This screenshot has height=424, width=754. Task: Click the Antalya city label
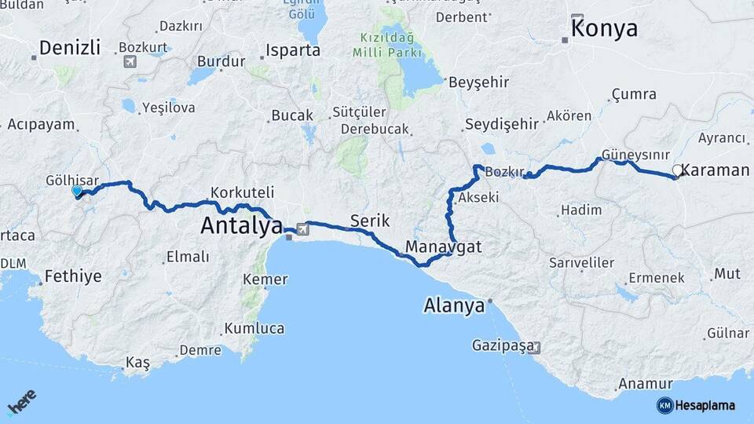coord(241,225)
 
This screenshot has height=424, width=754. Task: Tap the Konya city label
coord(604,30)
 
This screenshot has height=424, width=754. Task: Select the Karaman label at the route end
coord(716,170)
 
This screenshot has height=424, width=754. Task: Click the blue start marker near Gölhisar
coord(77,191)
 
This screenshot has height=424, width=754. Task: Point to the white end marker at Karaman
coord(677,170)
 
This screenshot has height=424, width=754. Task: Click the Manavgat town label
coord(443,247)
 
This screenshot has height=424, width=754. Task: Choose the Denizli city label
coord(70,48)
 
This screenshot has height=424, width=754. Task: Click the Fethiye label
coord(73,276)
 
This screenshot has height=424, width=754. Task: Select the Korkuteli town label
coord(242,192)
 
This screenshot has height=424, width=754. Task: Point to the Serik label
coord(370,221)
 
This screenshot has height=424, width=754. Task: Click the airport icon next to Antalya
coord(302,231)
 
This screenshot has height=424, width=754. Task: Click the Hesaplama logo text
coord(705,405)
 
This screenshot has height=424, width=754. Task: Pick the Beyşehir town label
coord(478,82)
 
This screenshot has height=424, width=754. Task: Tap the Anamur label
coord(646,384)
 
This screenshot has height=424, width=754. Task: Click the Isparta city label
coord(294,50)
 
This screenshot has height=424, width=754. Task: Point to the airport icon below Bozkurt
coord(130,61)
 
